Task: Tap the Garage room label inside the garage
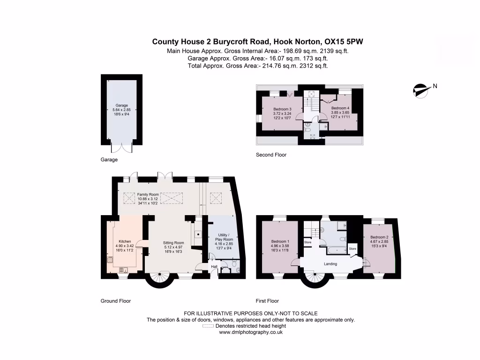122,105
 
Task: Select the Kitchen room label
124,242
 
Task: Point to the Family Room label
148,195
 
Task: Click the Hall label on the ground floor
214,267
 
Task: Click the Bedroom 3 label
282,109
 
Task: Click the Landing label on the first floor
330,264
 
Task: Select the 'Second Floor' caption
271,155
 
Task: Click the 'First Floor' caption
267,301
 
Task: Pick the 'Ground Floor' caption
116,301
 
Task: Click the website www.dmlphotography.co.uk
251,332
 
